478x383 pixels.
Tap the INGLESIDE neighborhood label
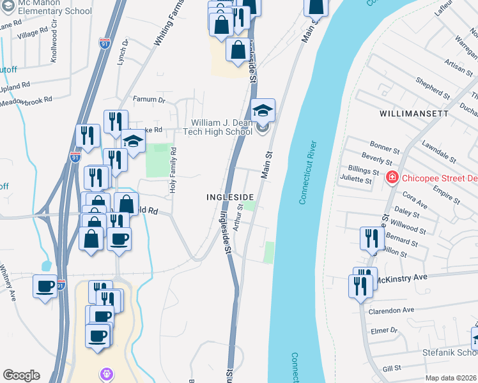(x=231, y=197)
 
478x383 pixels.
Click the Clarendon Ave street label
(x=391, y=310)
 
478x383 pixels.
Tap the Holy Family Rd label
(x=173, y=169)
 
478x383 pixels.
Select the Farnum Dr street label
(x=148, y=100)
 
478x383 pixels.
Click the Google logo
(x=21, y=375)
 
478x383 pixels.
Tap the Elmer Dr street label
(x=384, y=331)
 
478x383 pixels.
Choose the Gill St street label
(x=391, y=368)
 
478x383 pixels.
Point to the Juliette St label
(x=356, y=179)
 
